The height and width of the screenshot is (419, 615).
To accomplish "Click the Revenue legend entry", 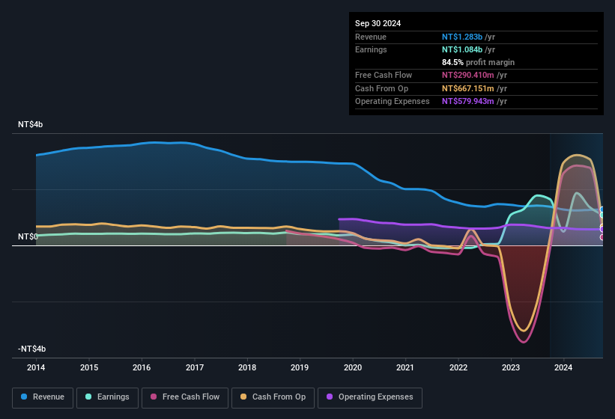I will [43, 397].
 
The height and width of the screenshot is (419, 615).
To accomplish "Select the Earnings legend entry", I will [106, 397].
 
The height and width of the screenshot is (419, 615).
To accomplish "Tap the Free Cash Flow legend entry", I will [185, 397].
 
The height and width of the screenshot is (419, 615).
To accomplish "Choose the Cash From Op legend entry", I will [273, 397].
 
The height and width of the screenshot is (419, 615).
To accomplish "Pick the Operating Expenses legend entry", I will [370, 397].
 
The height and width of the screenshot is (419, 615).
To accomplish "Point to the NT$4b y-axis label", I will [31, 124].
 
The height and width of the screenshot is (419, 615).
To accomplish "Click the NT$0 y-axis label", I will [28, 236].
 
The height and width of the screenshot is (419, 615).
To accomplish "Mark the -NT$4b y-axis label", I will [32, 349].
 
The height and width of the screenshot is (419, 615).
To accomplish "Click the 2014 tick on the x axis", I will [36, 367].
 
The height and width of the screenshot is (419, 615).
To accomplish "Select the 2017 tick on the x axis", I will [195, 367].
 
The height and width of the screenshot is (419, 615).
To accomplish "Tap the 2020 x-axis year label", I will [353, 367].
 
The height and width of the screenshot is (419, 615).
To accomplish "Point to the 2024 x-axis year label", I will [563, 367].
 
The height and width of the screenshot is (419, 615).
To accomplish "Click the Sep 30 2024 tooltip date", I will [378, 23].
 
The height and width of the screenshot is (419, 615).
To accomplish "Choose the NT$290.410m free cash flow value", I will [468, 75].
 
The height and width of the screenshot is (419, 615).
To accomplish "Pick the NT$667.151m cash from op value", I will [468, 88].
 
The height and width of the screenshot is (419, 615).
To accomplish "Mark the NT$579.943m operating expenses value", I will [468, 101].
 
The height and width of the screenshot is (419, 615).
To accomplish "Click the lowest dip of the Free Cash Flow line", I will [523, 342].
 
